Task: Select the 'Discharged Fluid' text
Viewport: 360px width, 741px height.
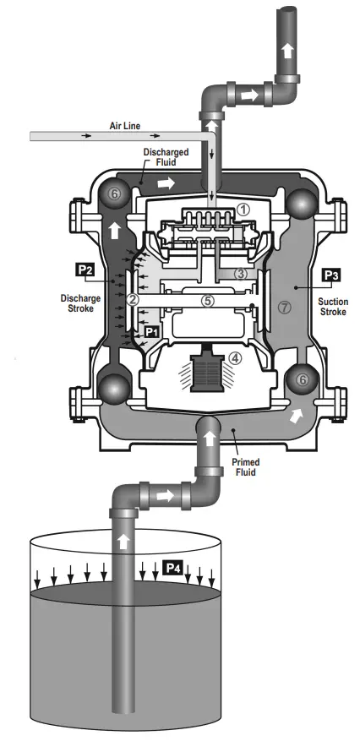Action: click(x=161, y=157)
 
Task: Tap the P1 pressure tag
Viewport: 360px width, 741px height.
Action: click(x=151, y=332)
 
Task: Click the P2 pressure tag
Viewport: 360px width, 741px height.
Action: click(x=85, y=270)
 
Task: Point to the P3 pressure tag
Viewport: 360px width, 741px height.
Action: click(x=330, y=275)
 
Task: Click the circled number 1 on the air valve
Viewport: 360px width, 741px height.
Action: click(x=242, y=208)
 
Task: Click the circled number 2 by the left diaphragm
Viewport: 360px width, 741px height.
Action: click(x=132, y=300)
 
